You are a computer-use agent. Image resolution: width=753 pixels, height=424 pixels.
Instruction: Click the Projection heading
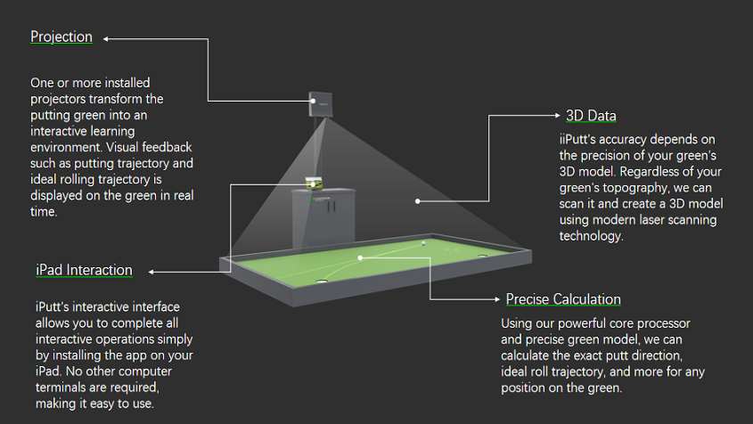(x=61, y=37)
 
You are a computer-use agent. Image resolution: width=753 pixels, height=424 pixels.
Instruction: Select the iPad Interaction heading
(x=84, y=270)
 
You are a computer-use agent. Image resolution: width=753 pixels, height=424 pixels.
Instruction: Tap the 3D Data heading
(x=591, y=116)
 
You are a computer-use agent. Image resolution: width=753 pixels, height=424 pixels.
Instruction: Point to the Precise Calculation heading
(x=563, y=298)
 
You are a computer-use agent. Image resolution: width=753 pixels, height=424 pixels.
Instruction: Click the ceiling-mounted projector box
(x=321, y=105)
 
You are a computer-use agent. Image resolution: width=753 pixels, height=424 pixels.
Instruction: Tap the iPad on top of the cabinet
(x=313, y=183)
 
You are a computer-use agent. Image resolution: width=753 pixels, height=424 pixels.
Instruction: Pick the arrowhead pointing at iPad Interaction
(x=151, y=271)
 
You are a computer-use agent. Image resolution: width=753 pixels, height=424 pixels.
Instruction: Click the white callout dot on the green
(x=361, y=257)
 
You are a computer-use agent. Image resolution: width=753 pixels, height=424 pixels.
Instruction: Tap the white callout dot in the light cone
(x=417, y=200)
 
